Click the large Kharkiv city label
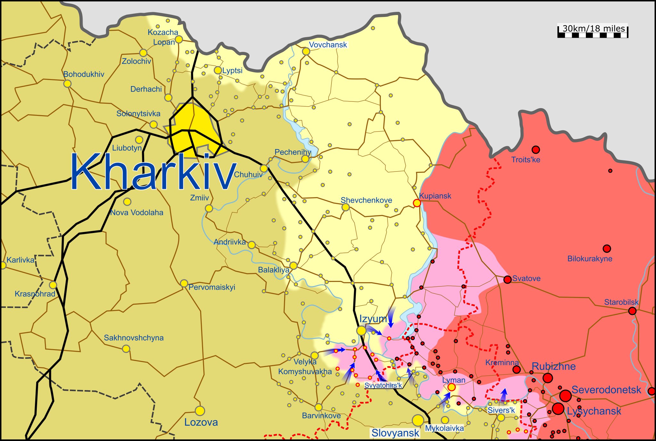153,172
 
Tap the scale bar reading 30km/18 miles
593,31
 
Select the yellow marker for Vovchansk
306,52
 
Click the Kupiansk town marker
417,203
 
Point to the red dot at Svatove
507,279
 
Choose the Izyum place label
373,319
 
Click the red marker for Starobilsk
632,311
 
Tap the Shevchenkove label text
366,200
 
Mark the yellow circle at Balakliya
293,265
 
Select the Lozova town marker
200,411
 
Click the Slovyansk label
395,433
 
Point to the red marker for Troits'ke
536,149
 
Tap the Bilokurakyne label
590,259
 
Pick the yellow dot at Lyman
451,387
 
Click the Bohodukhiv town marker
67,84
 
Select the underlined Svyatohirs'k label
383,385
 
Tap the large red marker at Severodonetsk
565,396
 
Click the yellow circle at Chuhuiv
264,168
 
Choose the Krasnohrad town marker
53,285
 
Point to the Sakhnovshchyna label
134,338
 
